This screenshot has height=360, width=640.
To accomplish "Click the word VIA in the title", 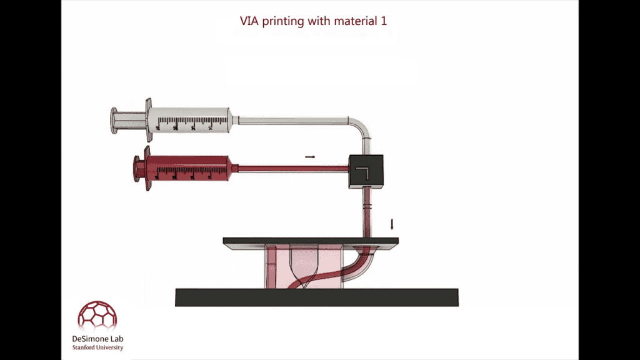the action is [249, 21].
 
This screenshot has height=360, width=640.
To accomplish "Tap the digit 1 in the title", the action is [384, 21].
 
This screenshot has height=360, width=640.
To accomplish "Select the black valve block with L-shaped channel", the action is [366, 171].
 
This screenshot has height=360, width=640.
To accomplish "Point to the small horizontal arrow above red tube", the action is [310, 157].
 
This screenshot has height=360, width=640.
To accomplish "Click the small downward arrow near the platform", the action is [392, 224].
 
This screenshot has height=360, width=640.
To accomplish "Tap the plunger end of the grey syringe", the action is [114, 121].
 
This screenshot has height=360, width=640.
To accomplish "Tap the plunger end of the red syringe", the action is [137, 168].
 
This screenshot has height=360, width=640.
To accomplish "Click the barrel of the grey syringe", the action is [190, 120].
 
